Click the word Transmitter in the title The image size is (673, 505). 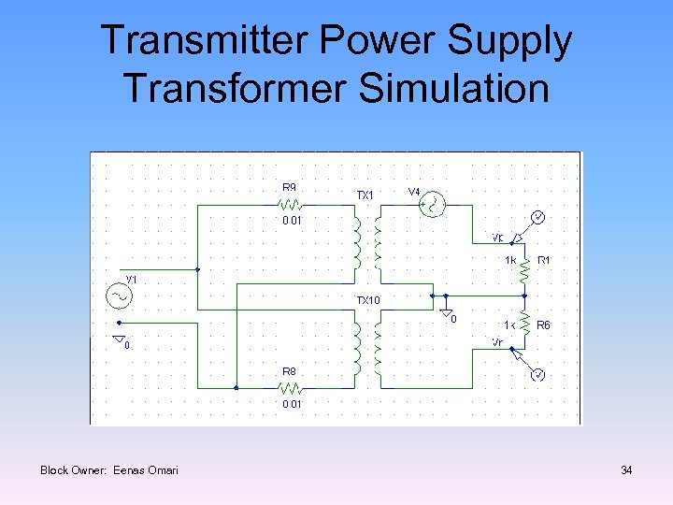coord(191,41)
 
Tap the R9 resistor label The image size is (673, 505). coord(291,187)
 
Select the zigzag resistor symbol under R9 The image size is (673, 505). coord(292,203)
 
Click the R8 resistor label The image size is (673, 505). coord(291,371)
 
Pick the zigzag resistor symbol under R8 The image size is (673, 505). coord(292,386)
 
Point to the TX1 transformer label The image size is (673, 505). coord(365,195)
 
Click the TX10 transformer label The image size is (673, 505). coord(367,301)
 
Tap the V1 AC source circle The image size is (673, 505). coord(119,296)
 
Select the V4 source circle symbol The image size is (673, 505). coord(433,204)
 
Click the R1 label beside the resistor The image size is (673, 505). coord(544,260)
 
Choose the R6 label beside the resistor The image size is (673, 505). coord(544,325)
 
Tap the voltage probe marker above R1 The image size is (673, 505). coord(537,217)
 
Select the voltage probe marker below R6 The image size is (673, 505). coord(537,375)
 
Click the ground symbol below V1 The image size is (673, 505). coord(118,338)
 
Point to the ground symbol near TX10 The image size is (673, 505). coord(447,311)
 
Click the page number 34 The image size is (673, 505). coord(626,470)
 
